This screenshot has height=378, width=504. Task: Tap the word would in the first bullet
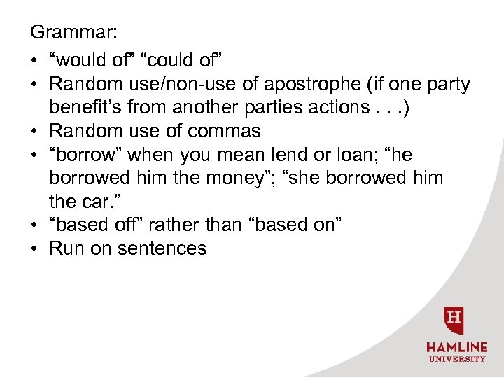point(80,60)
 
